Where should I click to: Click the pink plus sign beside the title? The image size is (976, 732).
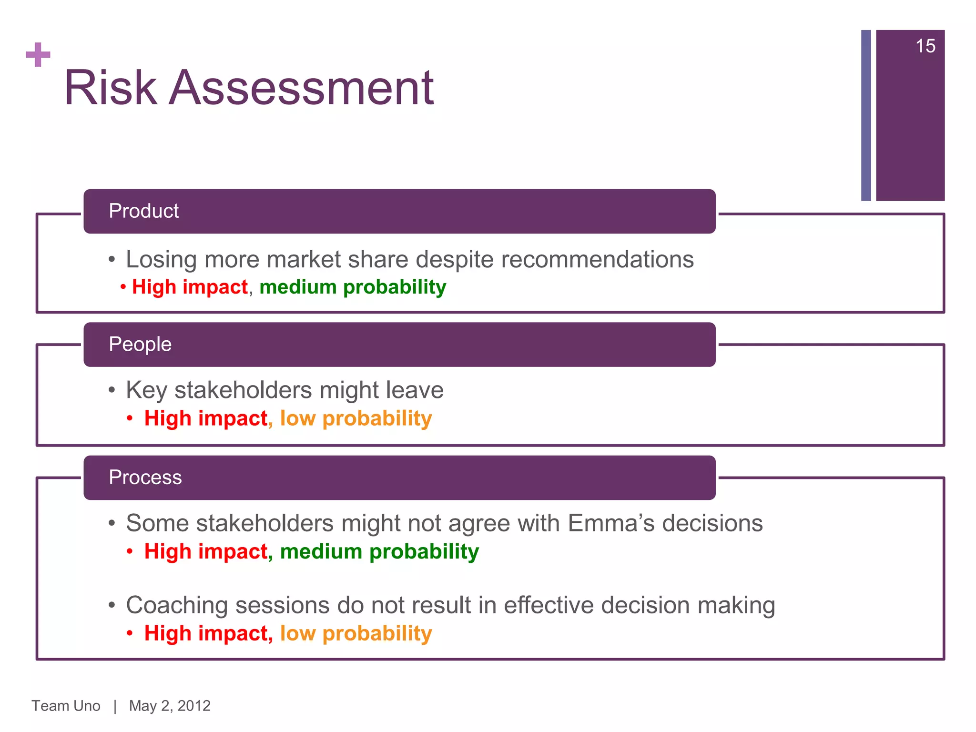(x=38, y=55)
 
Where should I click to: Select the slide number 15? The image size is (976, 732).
(x=925, y=46)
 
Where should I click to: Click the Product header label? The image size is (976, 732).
(x=143, y=211)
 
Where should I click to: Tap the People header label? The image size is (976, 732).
(x=140, y=344)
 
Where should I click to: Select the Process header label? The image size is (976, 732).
(x=145, y=477)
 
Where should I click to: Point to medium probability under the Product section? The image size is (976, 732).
(x=353, y=287)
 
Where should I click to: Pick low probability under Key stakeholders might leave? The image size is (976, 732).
(x=356, y=418)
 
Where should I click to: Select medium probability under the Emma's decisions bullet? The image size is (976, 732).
(x=379, y=551)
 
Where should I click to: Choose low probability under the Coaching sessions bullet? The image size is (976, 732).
(x=356, y=633)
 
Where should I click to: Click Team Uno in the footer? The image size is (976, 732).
(x=66, y=706)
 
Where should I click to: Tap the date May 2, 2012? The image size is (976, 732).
(x=170, y=706)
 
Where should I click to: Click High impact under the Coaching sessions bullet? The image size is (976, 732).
(x=208, y=633)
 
